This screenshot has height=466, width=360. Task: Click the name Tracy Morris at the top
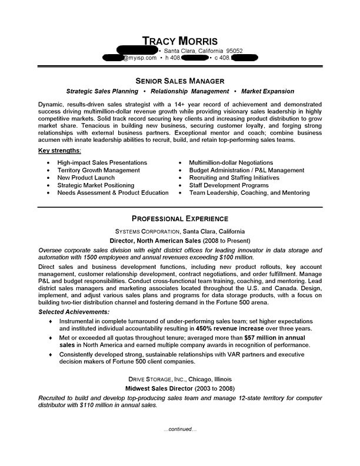click(180, 41)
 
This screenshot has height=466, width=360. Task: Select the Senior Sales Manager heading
click(180, 80)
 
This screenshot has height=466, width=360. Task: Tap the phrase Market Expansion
click(268, 92)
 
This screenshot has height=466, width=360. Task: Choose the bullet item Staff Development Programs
click(229, 185)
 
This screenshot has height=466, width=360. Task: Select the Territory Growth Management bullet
click(99, 170)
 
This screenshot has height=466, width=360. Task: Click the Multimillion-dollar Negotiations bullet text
click(231, 162)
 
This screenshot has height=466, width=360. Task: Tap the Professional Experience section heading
click(180, 219)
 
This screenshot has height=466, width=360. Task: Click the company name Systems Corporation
click(146, 232)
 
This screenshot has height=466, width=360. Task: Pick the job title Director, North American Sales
click(155, 241)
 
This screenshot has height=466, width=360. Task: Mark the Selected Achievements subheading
click(74, 311)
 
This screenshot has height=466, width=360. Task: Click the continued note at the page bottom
click(180, 430)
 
